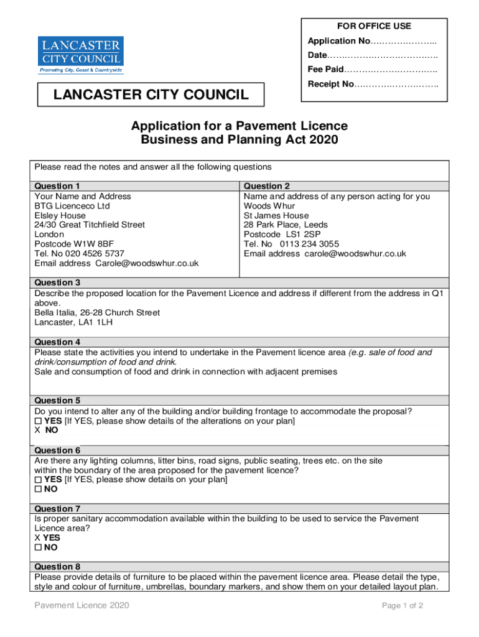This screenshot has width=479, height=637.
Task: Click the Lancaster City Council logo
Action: click(81, 55)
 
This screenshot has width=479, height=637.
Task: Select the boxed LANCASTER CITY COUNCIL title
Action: click(151, 95)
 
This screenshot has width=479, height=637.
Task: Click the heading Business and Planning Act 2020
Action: click(240, 140)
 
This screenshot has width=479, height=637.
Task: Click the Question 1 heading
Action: click(57, 186)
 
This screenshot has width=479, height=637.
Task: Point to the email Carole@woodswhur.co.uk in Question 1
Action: click(147, 263)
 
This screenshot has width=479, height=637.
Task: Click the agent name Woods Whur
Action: click(269, 206)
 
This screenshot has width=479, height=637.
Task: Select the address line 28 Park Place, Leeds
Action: click(286, 225)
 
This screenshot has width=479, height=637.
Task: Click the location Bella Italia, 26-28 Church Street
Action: click(97, 313)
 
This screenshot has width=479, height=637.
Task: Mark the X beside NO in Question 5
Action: click(37, 430)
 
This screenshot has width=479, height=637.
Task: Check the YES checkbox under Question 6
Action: click(38, 480)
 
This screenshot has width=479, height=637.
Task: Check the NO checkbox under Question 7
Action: click(38, 547)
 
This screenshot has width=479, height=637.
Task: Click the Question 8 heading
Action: click(57, 567)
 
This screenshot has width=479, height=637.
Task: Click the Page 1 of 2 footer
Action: click(403, 605)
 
